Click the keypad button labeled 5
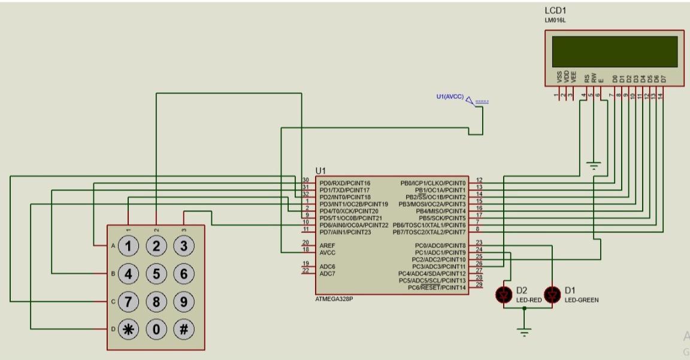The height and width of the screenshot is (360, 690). click(x=156, y=274)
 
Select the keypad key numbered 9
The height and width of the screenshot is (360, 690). click(x=184, y=301)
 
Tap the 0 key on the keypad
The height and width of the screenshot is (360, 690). click(x=156, y=328)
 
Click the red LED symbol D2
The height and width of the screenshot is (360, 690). click(x=504, y=294)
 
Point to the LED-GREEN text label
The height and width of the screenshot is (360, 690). click(x=582, y=300)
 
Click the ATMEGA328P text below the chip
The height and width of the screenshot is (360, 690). click(x=334, y=299)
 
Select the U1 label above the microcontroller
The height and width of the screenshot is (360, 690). click(x=321, y=171)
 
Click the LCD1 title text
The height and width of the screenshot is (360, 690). click(x=555, y=11)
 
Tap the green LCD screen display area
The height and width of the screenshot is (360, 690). click(x=615, y=52)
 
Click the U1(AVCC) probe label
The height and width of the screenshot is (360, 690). click(x=450, y=96)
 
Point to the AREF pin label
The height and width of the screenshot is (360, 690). click(x=327, y=245)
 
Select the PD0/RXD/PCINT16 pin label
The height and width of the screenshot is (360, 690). click(x=345, y=183)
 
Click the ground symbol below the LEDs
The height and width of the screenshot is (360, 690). click(x=525, y=332)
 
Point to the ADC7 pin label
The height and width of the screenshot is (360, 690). click(x=327, y=273)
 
